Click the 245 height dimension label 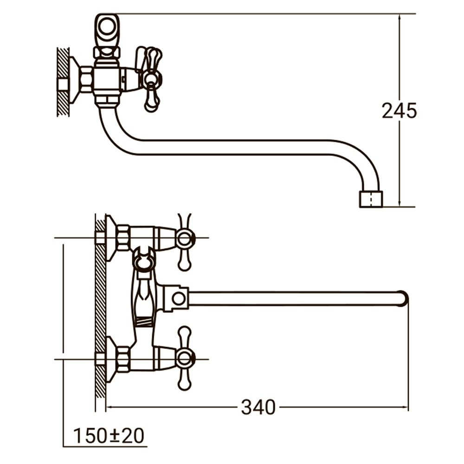click(x=399, y=110)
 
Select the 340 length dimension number click(x=258, y=407)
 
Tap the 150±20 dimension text click(x=109, y=436)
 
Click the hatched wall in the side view click(x=63, y=81)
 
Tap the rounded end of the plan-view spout click(x=403, y=298)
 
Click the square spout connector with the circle click(x=178, y=298)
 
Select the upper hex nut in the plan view click(x=123, y=238)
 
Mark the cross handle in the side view click(x=151, y=79)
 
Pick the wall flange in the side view click(x=74, y=80)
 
